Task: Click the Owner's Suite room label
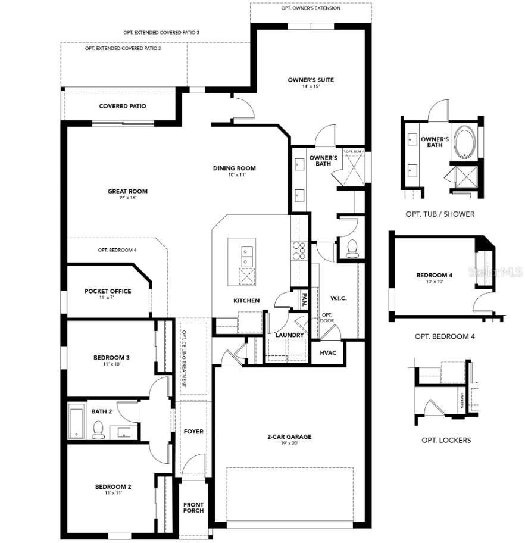(311, 80)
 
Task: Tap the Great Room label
(127, 191)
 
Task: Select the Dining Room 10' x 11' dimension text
(237, 175)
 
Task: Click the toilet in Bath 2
(98, 430)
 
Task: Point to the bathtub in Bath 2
(76, 421)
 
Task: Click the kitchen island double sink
(247, 256)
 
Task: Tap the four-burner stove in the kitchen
(299, 251)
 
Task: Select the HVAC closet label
(327, 353)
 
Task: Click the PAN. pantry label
(304, 301)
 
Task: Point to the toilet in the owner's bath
(352, 248)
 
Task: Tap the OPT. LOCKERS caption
(446, 440)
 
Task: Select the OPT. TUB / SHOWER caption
(440, 214)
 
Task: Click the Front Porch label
(193, 508)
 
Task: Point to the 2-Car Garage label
(289, 436)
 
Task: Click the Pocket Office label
(108, 291)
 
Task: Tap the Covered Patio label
(123, 106)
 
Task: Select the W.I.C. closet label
(338, 298)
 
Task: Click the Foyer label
(193, 432)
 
